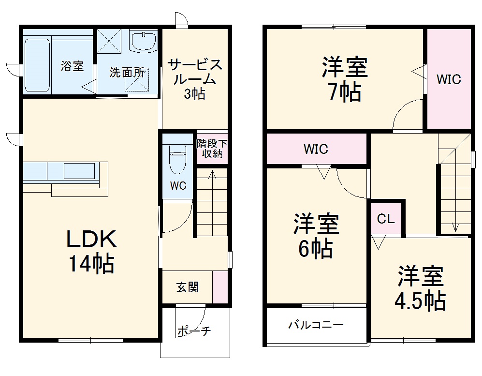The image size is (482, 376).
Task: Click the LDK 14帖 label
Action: coord(90,251)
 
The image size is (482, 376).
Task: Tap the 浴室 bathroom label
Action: coord(72,66)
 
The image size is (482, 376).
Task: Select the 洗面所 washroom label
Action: coord(127,73)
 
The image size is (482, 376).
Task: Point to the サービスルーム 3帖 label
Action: coord(194,79)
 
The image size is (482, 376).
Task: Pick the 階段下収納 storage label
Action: coord(212,149)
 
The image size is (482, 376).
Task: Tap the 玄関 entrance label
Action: coord(187,287)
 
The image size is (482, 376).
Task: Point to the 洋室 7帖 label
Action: coord(345,79)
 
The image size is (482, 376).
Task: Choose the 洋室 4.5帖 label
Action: coord(420,289)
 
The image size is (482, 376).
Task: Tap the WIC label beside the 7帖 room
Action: coord(449,80)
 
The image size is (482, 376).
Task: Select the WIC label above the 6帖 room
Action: coord(316,149)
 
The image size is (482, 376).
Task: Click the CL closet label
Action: coord(386,219)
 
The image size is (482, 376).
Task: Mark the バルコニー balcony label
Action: coord(316,325)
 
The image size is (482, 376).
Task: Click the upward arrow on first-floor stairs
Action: coord(211,177)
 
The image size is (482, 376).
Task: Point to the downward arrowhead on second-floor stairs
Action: coord(455,226)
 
